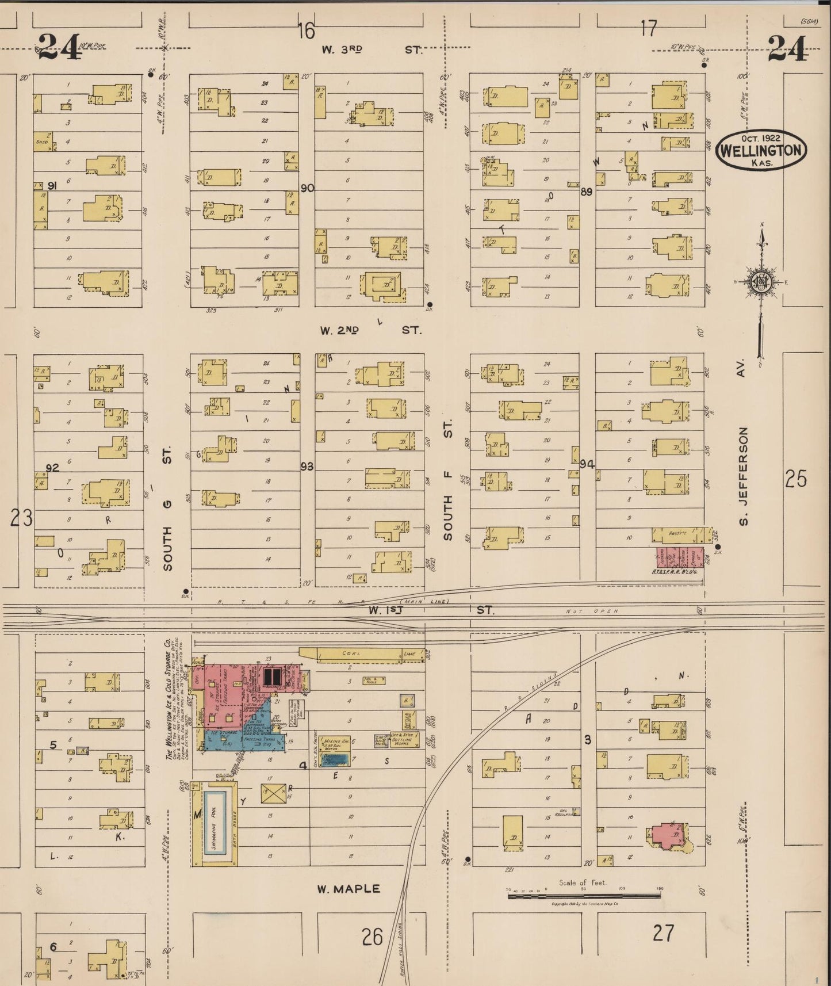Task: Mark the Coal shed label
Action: point(351,653)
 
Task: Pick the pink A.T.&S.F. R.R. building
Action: point(680,557)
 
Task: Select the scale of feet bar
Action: point(584,895)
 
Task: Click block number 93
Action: point(307,467)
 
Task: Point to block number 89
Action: point(586,192)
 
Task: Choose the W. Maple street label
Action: point(349,889)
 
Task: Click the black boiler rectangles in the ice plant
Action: point(272,677)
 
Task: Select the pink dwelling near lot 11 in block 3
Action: point(665,836)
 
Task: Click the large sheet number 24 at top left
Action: point(59,47)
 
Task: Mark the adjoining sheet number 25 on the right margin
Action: point(796,479)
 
